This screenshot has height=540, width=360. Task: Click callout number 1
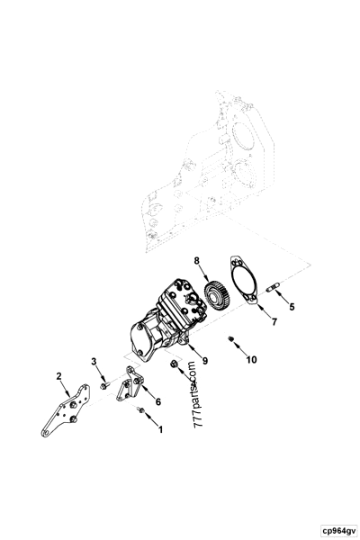pos(160,430)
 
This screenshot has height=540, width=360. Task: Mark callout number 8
pos(197,261)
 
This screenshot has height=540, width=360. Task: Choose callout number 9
pos(204,360)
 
